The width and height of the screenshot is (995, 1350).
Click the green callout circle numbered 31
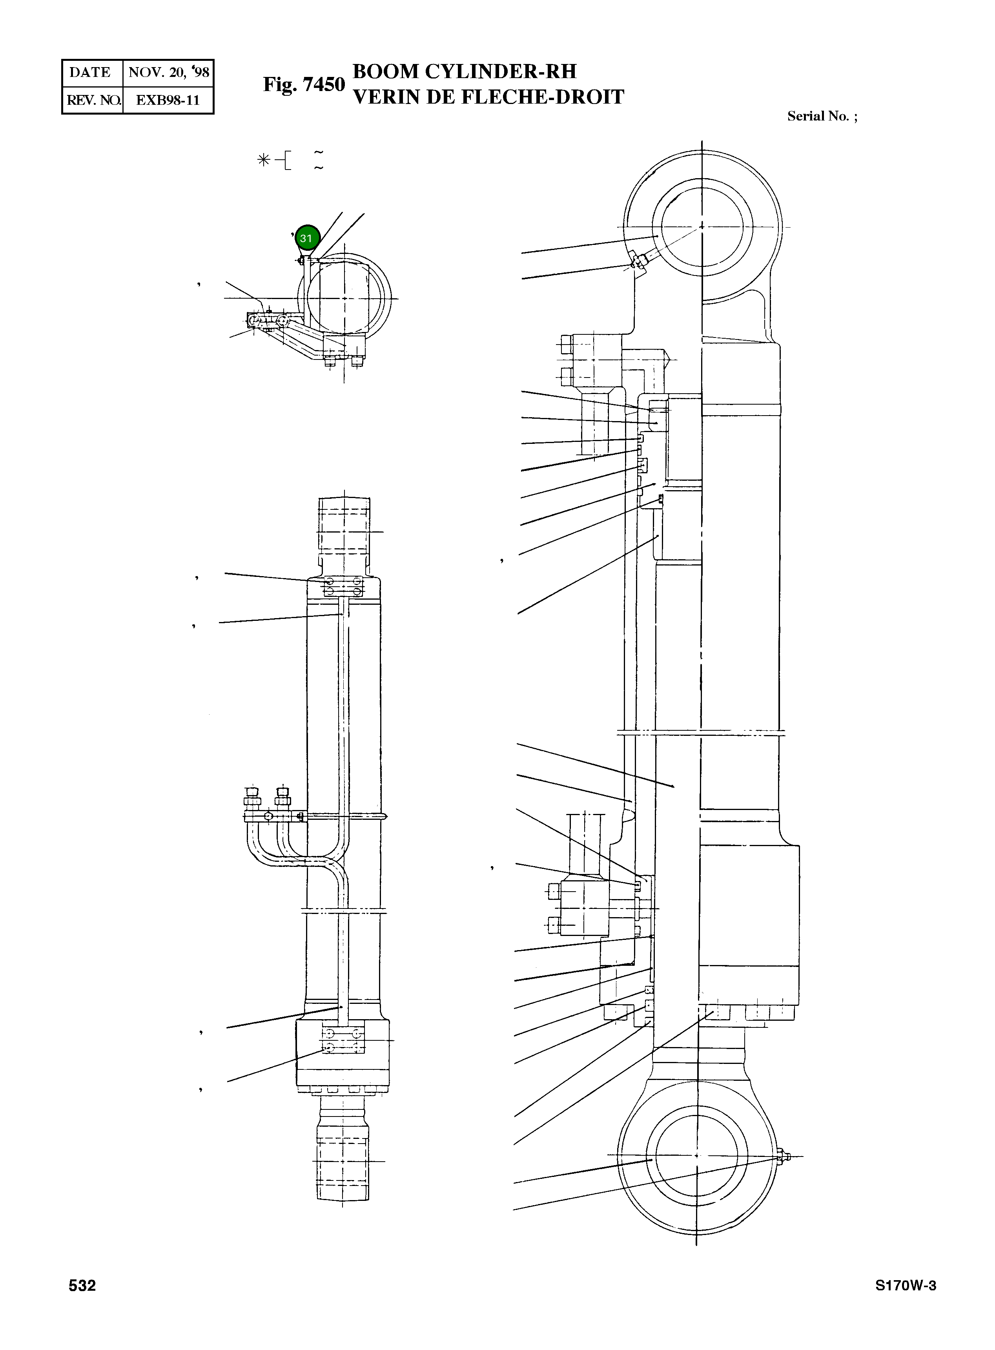[x=306, y=238]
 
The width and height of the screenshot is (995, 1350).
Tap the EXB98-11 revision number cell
[x=168, y=100]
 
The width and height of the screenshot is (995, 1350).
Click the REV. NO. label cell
[x=93, y=100]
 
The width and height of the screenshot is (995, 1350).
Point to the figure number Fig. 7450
[x=304, y=85]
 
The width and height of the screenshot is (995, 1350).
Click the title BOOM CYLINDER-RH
[x=465, y=72]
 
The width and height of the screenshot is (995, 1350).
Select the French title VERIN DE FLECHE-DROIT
[x=488, y=97]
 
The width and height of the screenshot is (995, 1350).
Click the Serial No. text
[x=822, y=116]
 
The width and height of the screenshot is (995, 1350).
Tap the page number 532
[x=82, y=1286]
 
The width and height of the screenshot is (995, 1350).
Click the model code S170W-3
[x=905, y=1286]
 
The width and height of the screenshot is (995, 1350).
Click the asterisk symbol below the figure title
[x=263, y=160]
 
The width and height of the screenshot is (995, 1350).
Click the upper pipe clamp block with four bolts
[x=343, y=586]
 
